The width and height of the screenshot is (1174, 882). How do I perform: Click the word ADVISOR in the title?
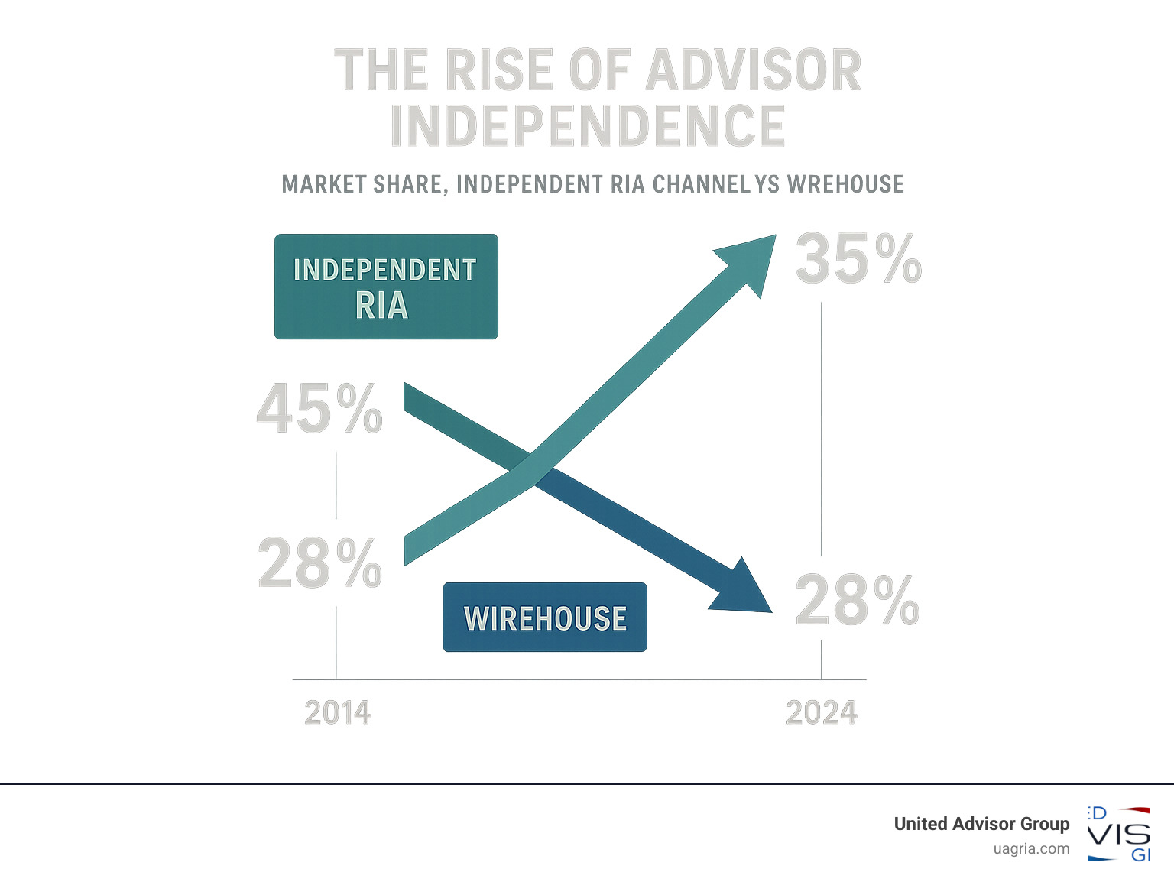754,70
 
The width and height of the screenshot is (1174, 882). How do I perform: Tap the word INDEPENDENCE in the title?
587,126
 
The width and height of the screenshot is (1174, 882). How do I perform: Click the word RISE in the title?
498,70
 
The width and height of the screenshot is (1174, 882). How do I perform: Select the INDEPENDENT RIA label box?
386,287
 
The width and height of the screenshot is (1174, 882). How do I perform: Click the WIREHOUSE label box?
545,618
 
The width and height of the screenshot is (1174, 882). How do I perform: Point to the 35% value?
858,259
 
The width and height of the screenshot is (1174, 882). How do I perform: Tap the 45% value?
319,410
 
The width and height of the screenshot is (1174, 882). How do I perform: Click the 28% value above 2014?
319,563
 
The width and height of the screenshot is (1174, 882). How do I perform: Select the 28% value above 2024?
857,600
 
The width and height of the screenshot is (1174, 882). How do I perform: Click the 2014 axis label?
338,713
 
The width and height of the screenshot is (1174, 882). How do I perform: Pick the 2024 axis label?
822,713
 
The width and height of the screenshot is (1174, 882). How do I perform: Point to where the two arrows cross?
532,467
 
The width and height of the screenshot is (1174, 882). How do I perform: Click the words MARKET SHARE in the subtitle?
364,185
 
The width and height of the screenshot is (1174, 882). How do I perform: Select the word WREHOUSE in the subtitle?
845,185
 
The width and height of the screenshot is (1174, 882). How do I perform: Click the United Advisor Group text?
981,824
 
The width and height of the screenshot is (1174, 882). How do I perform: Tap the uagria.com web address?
1031,849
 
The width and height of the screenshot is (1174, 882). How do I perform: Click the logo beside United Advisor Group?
1119,834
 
